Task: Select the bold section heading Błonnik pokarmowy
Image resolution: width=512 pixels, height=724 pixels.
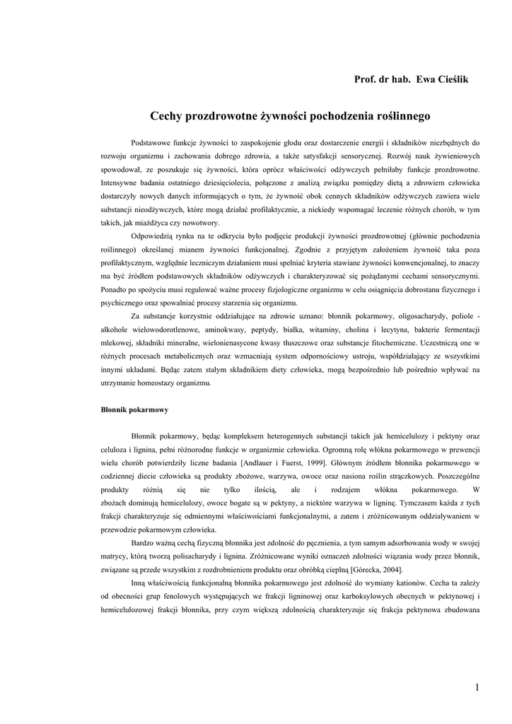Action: tap(134, 409)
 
